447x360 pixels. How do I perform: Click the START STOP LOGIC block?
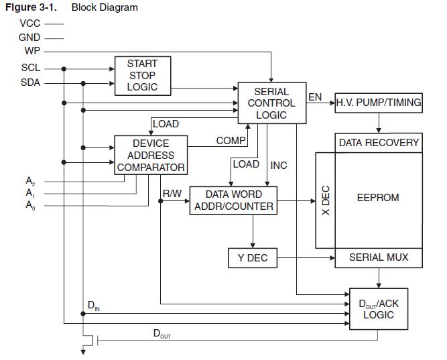click(x=142, y=75)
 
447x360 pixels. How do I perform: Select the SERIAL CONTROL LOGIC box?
click(x=271, y=103)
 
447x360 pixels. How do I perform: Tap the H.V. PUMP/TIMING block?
click(x=379, y=103)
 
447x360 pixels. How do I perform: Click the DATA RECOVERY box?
click(x=379, y=142)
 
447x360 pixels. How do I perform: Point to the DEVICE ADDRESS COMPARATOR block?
click(x=151, y=155)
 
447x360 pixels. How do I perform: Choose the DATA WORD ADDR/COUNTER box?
click(x=233, y=200)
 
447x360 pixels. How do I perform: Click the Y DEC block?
click(x=252, y=258)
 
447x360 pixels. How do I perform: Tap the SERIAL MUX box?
click(x=379, y=257)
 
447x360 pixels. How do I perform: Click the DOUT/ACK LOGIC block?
click(x=379, y=309)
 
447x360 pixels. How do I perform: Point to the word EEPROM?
click(x=378, y=198)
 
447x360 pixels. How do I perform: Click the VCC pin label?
click(x=29, y=23)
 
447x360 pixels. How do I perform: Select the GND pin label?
click(x=29, y=38)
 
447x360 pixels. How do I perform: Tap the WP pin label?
click(x=32, y=51)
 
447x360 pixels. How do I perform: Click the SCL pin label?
click(x=31, y=68)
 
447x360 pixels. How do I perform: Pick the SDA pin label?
click(x=31, y=83)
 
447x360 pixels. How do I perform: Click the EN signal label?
click(x=314, y=97)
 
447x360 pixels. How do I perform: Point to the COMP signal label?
click(x=231, y=141)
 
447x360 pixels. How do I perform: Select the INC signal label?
click(x=279, y=165)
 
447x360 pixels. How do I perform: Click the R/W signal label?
click(x=172, y=194)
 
